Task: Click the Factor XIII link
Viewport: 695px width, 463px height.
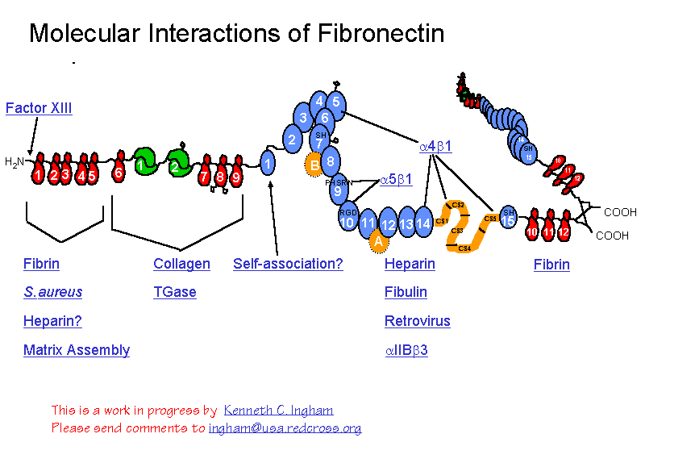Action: coord(39,108)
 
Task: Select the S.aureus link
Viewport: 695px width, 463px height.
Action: coord(52,292)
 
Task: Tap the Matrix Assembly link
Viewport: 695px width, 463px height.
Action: coord(77,350)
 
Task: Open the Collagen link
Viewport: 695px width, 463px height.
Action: coord(181,264)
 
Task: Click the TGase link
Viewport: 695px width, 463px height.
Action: coord(175,292)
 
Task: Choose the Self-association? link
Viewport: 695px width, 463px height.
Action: coord(288,264)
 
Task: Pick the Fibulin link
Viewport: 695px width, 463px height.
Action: coord(406,292)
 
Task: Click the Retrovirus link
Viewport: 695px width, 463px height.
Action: coord(417,321)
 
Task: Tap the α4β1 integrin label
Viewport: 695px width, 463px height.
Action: coord(435,147)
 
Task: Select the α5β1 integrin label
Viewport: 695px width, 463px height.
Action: coord(396,180)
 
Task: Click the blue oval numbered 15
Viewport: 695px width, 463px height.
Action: coord(508,219)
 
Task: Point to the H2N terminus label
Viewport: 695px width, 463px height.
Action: coord(14,162)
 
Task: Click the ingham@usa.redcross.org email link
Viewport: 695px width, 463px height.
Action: coord(285,428)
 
